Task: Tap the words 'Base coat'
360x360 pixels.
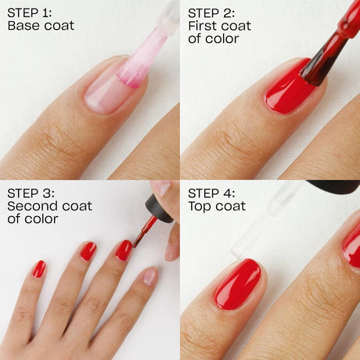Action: coord(41,27)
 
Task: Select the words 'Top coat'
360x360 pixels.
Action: coord(217,207)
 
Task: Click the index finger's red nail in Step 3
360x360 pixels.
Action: coord(39,268)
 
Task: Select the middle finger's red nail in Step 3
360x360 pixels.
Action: coord(88,250)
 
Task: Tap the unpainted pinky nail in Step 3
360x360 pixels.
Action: coord(150,276)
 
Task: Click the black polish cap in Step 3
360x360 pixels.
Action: coord(159,208)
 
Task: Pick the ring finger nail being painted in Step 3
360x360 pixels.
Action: coord(124,250)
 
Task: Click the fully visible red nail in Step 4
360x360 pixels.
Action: coord(237,283)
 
